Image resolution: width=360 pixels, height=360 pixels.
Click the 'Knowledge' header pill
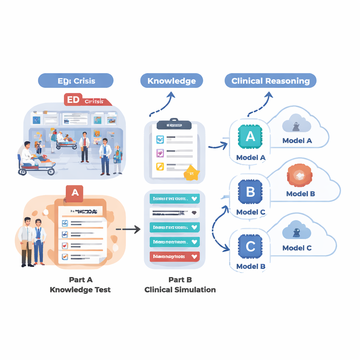172,81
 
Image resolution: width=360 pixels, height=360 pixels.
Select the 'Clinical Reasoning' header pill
270,81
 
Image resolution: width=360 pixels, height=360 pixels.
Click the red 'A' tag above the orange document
75,193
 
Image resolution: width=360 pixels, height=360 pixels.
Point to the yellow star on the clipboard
192,173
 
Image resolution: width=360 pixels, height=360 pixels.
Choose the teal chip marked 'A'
250,137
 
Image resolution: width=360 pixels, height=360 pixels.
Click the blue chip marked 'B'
250,192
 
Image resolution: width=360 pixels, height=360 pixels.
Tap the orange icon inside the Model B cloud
300,175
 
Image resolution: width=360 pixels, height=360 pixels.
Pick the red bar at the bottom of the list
174,257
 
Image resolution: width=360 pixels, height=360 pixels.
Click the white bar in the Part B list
174,213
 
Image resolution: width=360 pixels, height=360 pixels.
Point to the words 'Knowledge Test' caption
80,290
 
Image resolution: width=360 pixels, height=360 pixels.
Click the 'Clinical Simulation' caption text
180,290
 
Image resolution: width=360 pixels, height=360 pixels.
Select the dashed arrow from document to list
128,230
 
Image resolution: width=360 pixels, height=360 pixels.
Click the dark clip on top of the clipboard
174,124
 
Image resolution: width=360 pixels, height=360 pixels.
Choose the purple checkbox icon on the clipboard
160,153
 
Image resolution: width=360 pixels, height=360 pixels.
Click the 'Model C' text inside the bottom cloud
297,248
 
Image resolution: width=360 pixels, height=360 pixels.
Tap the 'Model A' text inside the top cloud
297,141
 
